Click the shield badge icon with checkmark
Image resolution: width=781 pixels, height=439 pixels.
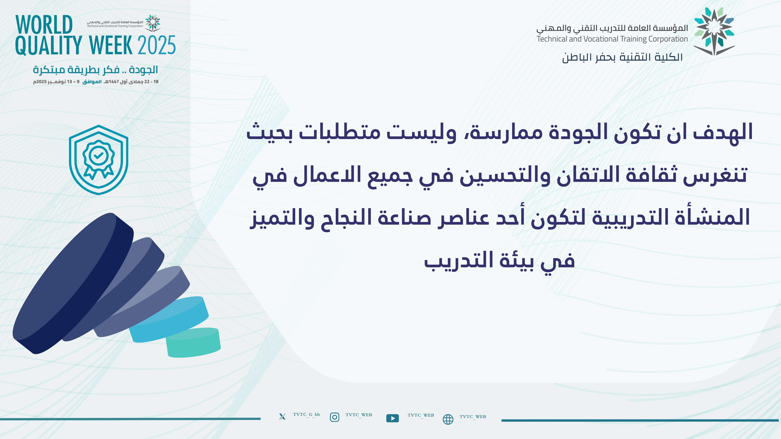click(x=99, y=160)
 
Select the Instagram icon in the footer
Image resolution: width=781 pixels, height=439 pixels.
click(x=334, y=417)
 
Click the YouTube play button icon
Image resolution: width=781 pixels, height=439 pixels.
click(x=393, y=418)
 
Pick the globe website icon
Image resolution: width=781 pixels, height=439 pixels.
click(x=448, y=419)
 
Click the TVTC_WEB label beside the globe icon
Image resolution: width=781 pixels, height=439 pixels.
click(x=473, y=417)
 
